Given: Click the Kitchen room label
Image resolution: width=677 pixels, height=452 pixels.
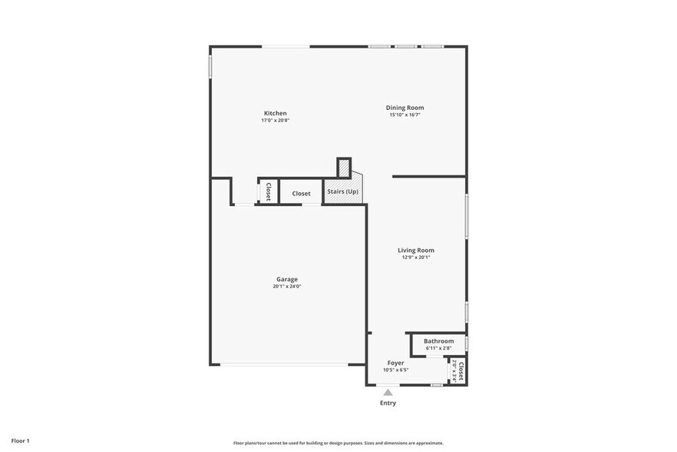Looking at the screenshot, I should coord(276,113).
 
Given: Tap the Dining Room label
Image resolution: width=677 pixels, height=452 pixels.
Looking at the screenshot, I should coord(405,108).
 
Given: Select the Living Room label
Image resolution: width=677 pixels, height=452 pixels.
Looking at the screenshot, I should coord(416,250).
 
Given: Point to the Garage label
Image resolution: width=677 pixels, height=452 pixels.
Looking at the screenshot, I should coord(287,279).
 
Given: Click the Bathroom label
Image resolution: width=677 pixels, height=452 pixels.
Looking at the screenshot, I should coord(438,341).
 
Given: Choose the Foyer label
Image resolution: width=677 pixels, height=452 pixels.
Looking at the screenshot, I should coord(395,363).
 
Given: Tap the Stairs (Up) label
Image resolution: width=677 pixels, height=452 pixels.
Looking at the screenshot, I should coord(342,191).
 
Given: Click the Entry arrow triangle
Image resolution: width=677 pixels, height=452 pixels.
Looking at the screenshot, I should coord(388,392).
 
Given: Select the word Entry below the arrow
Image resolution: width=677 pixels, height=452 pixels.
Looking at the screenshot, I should coord(388,403).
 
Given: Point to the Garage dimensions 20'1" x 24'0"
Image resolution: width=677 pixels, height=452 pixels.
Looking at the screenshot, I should coord(287,287).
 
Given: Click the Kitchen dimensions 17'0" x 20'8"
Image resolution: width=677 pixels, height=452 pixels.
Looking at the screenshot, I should coord(276,120).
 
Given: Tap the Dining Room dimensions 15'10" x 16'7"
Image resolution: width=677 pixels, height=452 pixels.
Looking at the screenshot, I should coord(405,115).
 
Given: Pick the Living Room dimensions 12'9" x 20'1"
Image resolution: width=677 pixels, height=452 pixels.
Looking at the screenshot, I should coord(416,258).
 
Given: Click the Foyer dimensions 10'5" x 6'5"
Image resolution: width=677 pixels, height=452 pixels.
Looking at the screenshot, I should coord(395,370).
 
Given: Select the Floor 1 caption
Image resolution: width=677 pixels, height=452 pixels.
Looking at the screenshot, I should coord(20,440).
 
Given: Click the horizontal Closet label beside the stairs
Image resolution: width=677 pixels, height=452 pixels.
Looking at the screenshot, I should coord(301,194).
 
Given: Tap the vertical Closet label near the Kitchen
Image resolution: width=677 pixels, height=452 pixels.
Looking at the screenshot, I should coord(268,191).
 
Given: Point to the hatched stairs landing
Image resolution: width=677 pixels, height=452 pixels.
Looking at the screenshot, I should coord(344,168).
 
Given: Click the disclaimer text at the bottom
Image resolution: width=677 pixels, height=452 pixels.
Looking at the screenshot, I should coord(338,443).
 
